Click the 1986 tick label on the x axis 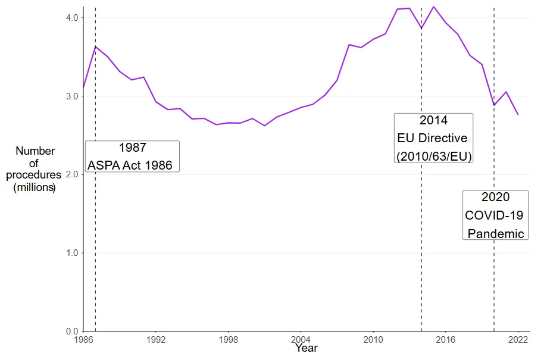(x=83, y=340)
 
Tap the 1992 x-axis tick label (x=156, y=340)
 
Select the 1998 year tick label (x=229, y=340)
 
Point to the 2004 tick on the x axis (x=301, y=340)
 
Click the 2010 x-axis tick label (x=373, y=340)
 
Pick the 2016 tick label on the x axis (x=446, y=340)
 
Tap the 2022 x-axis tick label (x=518, y=340)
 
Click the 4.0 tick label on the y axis (x=71, y=18)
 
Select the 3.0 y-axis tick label (x=71, y=96)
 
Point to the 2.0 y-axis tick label (x=71, y=174)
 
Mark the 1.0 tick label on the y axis (x=71, y=253)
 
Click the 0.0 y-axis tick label (x=71, y=331)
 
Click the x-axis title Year (x=307, y=348)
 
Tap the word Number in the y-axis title (x=35, y=151)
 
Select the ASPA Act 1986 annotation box (x=132, y=156)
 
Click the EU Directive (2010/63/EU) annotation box (x=433, y=138)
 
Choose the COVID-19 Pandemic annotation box (x=495, y=215)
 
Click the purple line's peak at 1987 (x=96, y=46)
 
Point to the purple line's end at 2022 (x=518, y=114)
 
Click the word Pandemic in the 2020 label (x=496, y=233)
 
